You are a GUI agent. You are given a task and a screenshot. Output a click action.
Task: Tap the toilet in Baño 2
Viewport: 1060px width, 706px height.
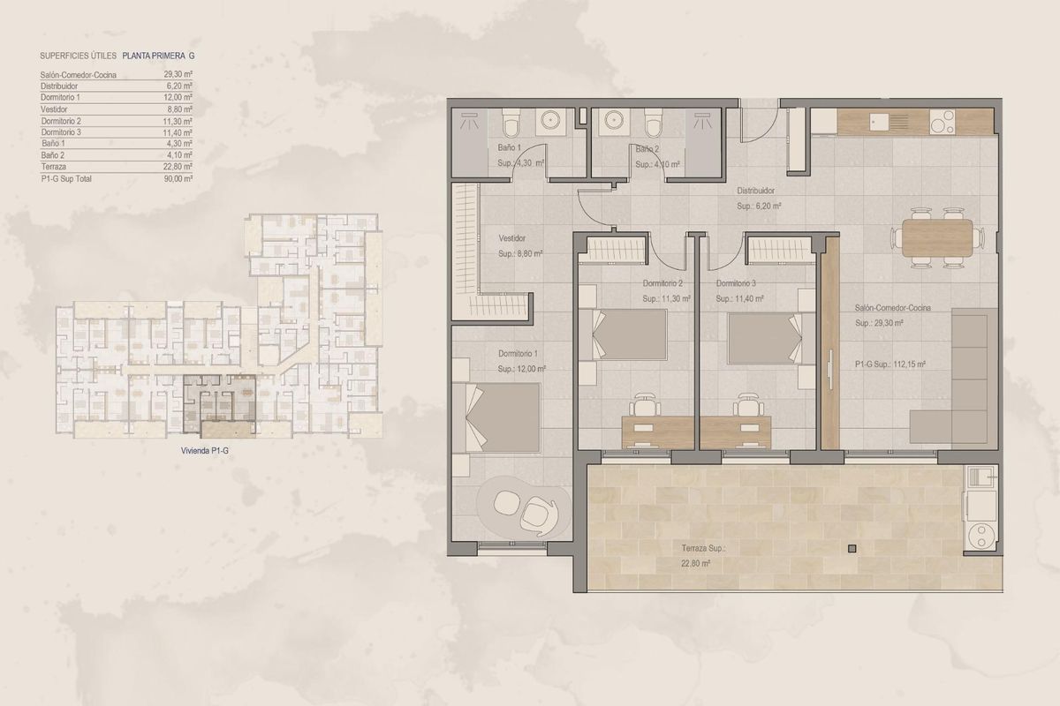(653, 122)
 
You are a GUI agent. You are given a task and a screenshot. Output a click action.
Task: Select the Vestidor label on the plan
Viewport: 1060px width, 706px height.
(512, 238)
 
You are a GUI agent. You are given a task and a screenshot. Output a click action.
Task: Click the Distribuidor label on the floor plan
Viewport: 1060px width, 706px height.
(756, 191)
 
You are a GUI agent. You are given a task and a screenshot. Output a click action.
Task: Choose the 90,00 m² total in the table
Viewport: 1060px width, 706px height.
(178, 178)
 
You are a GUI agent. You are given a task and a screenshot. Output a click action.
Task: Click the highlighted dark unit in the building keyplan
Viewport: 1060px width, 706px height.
(218, 402)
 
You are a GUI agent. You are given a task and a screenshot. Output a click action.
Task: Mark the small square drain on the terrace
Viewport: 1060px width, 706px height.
(852, 548)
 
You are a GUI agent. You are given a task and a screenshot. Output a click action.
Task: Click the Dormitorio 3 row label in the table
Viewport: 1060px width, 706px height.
(61, 132)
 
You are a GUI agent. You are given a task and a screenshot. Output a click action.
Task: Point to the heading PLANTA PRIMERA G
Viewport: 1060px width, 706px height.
(160, 55)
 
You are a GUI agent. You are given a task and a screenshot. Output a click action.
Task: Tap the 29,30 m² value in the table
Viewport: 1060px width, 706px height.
(178, 75)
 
